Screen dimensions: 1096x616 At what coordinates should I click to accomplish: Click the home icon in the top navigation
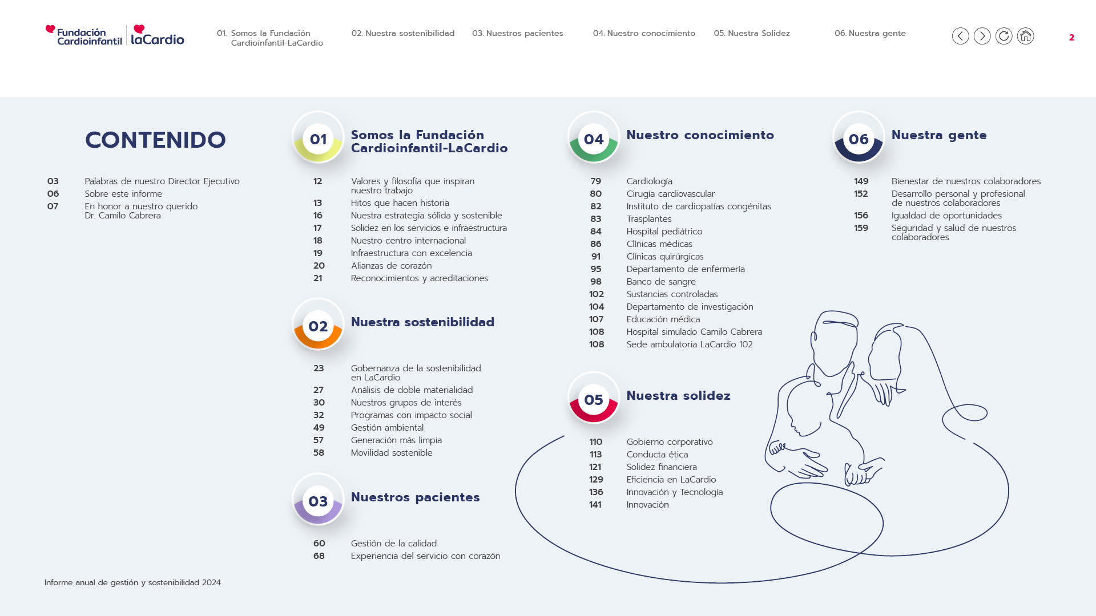pos(1025,36)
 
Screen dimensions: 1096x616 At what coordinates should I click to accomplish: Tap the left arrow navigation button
pos(960,36)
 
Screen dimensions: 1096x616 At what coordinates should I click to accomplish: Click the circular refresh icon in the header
pos(1004,36)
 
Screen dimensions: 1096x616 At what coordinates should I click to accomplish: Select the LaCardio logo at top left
pos(158,35)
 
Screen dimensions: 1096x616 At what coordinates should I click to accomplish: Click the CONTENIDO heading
pos(155,140)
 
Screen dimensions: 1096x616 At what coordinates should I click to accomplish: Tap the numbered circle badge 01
pos(318,137)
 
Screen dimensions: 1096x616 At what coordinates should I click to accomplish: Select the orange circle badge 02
pos(318,324)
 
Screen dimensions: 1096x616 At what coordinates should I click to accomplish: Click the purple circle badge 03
pos(318,499)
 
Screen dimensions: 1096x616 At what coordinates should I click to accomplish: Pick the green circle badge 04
pos(594,137)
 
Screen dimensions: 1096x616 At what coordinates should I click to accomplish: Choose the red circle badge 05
pos(594,398)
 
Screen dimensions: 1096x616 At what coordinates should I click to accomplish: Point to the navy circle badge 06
pos(859,137)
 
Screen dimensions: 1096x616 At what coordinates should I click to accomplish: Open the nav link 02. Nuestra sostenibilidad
pos(403,33)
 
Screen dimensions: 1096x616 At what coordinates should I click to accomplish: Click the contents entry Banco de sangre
pos(661,282)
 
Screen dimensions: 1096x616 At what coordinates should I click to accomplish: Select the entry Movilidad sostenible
pos(392,453)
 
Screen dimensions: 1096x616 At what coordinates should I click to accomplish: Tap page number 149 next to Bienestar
pos(861,181)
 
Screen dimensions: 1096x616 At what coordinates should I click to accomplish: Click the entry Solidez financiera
pos(662,467)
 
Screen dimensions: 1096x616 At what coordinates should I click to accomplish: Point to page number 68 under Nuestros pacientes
pos(319,556)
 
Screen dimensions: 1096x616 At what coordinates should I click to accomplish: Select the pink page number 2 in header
pos(1071,38)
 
